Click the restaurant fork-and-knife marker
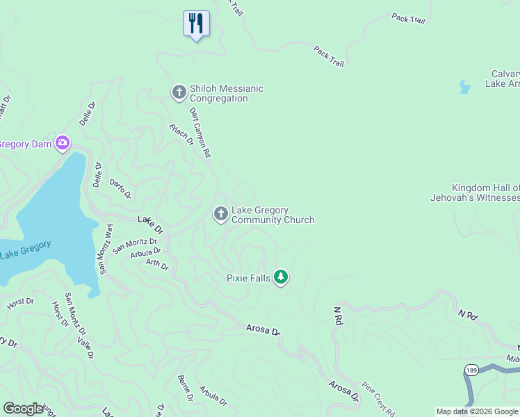pos(196,24)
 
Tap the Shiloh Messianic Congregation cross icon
pos(179,92)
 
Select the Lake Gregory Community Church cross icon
pos(221,214)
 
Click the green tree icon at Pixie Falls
pos(281,277)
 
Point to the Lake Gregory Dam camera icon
pos(63,143)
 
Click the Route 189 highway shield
pos(471,369)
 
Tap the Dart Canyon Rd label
pos(200,132)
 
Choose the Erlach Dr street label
pos(181,134)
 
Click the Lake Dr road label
pos(149,224)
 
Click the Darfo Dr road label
pos(120,188)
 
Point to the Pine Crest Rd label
pos(379,398)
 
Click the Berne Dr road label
pos(186,387)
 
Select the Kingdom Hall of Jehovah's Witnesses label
pos(485,194)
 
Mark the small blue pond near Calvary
pos(464,87)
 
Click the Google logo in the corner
pos(23,408)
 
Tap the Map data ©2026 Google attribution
pos(477,411)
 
